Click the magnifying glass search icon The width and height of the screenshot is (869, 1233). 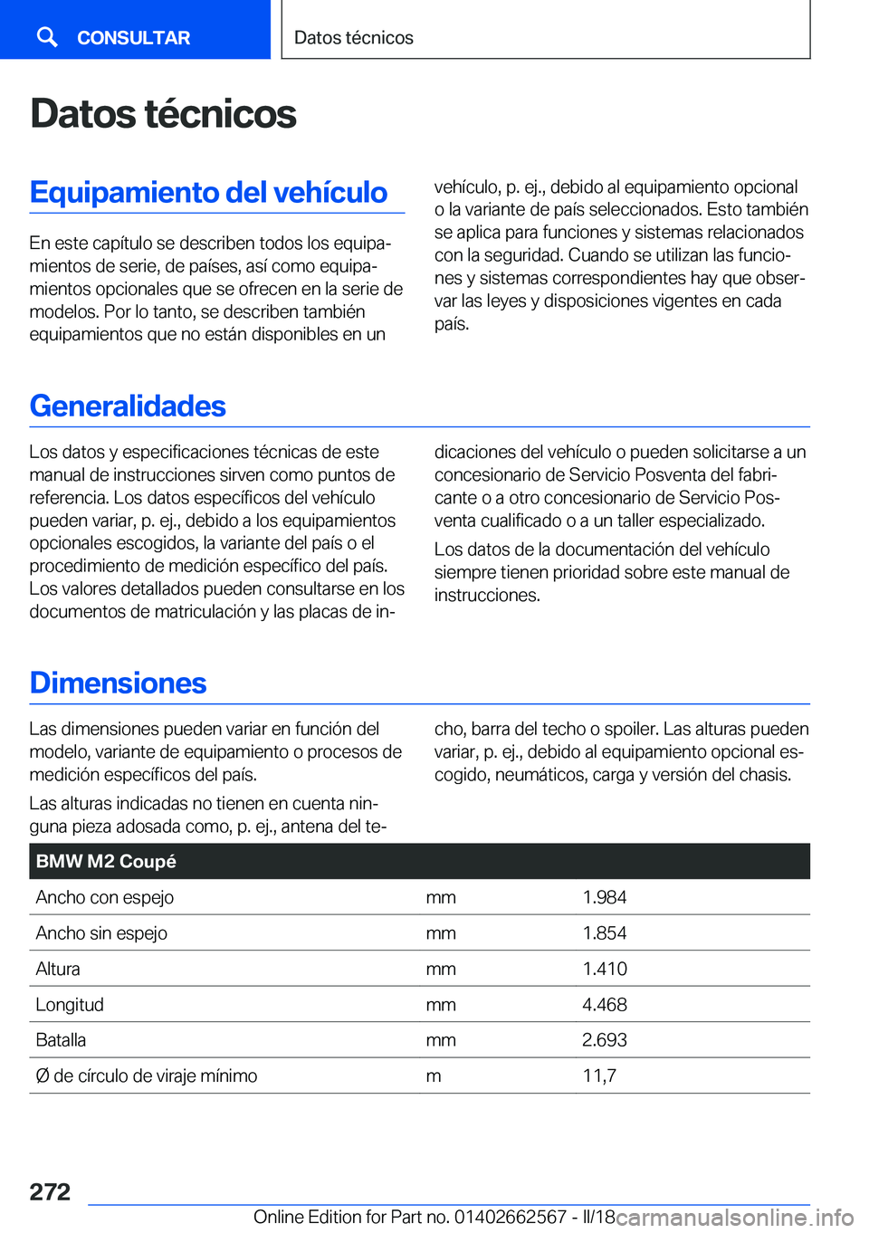pos(47,36)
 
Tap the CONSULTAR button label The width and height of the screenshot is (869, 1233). pos(133,38)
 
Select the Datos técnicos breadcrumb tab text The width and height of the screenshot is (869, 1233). pos(353,38)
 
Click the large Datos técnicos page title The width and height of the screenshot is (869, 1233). pos(163,114)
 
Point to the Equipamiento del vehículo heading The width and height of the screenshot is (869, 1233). pos(208,193)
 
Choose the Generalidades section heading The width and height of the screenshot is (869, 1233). pos(128,406)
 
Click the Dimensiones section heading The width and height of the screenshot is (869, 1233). pos(118,683)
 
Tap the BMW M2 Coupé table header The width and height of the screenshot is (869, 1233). pos(106,862)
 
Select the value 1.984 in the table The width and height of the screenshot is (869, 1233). pos(604,897)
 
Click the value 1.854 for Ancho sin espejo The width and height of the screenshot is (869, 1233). pos(604,933)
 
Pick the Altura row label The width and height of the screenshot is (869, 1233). pos(58,969)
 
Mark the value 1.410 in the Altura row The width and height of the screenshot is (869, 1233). pos(604,969)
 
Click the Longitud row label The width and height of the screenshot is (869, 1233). pos(70,1005)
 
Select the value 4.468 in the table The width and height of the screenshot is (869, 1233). pos(604,1005)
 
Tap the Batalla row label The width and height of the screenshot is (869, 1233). pos(61,1040)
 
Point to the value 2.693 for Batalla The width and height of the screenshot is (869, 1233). pos(604,1040)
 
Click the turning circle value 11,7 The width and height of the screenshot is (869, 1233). pos(598,1076)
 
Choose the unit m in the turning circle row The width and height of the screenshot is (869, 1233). pos(434,1076)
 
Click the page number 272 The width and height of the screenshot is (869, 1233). pos(50,1191)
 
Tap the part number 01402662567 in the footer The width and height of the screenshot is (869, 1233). pos(510,1218)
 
